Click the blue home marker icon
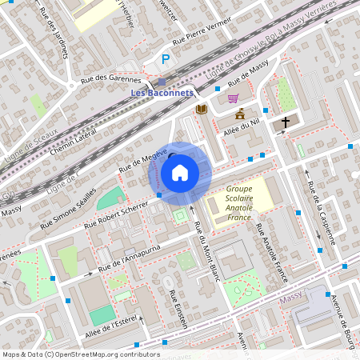point(179,173)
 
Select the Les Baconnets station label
point(162,92)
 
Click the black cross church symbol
point(286,122)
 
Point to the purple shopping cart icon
point(233,98)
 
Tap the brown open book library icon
point(202,109)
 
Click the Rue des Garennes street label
point(112,79)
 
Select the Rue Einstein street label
point(178,308)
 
